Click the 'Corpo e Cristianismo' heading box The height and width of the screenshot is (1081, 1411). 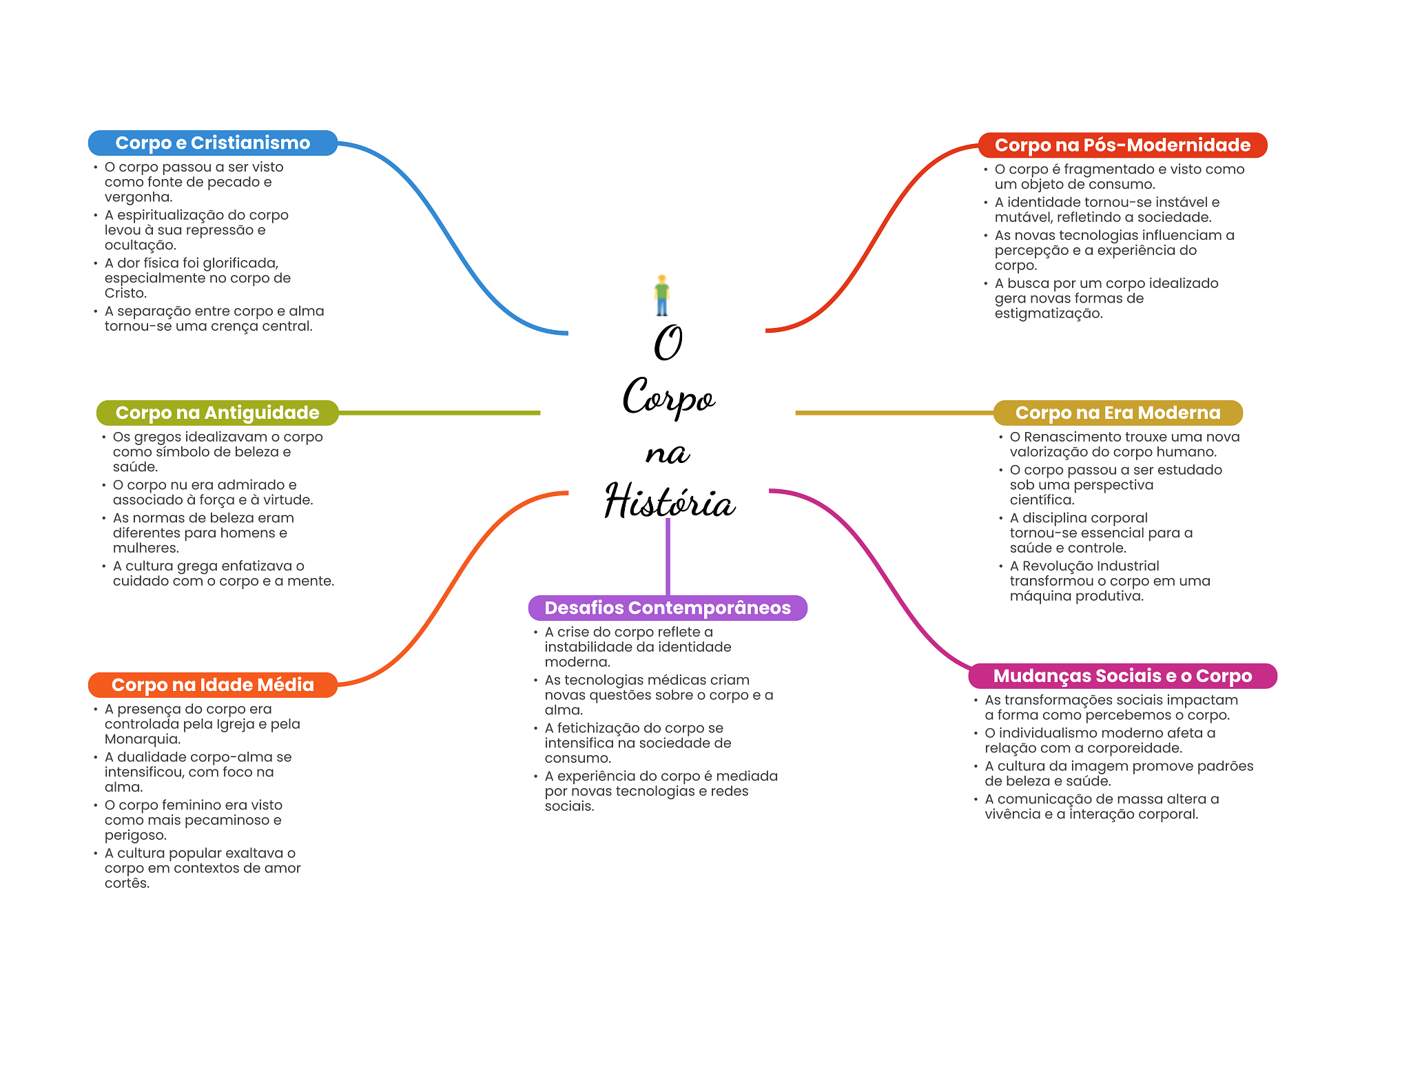coord(212,143)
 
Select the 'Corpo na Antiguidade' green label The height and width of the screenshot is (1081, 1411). coord(217,413)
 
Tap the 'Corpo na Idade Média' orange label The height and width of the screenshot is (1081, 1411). coord(212,685)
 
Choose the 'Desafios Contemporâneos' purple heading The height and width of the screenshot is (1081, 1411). coord(667,608)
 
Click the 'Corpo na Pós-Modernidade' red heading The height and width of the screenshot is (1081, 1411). coord(1122,145)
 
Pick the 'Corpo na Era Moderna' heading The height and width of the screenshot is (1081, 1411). coord(1118,413)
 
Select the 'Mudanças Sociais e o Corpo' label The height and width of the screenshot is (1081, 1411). coord(1122,676)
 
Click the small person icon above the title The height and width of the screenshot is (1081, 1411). coord(662,295)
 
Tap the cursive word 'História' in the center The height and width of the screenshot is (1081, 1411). coord(670,501)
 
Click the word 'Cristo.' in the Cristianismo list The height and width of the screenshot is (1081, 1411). coord(125,294)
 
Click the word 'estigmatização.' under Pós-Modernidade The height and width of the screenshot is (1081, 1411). coord(1049,313)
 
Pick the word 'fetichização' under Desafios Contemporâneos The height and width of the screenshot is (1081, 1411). coord(599,728)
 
